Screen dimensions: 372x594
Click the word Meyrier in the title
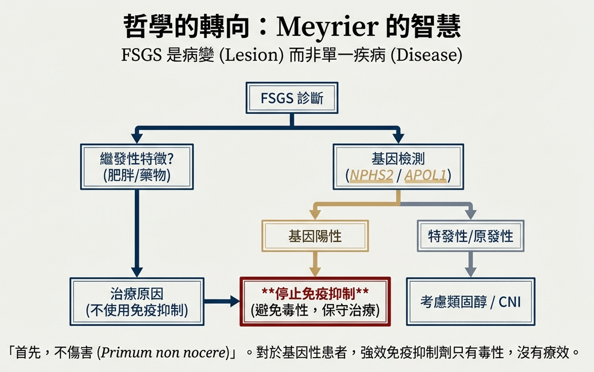click(327, 27)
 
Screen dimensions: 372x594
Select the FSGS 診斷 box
click(292, 98)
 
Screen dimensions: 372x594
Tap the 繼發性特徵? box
click(137, 167)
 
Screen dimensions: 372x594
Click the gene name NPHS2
click(371, 175)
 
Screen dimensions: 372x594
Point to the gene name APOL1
click(425, 175)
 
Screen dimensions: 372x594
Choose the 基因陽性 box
click(315, 236)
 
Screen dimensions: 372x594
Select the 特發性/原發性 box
click(470, 236)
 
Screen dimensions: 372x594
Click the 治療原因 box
click(137, 302)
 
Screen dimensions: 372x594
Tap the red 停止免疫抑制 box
click(315, 302)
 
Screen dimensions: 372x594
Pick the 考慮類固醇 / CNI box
click(470, 302)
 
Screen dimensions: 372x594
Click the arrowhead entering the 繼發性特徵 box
click(137, 138)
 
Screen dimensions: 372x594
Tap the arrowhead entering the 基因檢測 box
click(398, 138)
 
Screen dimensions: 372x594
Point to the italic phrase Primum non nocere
click(163, 353)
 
